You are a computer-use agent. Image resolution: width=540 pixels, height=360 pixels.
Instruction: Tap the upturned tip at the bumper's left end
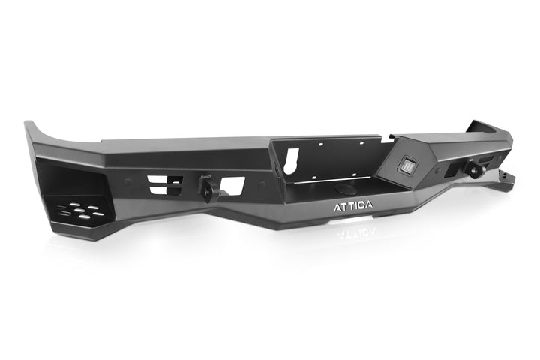coord(31,128)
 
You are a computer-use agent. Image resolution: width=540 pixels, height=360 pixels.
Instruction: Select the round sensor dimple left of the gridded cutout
coord(126,182)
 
